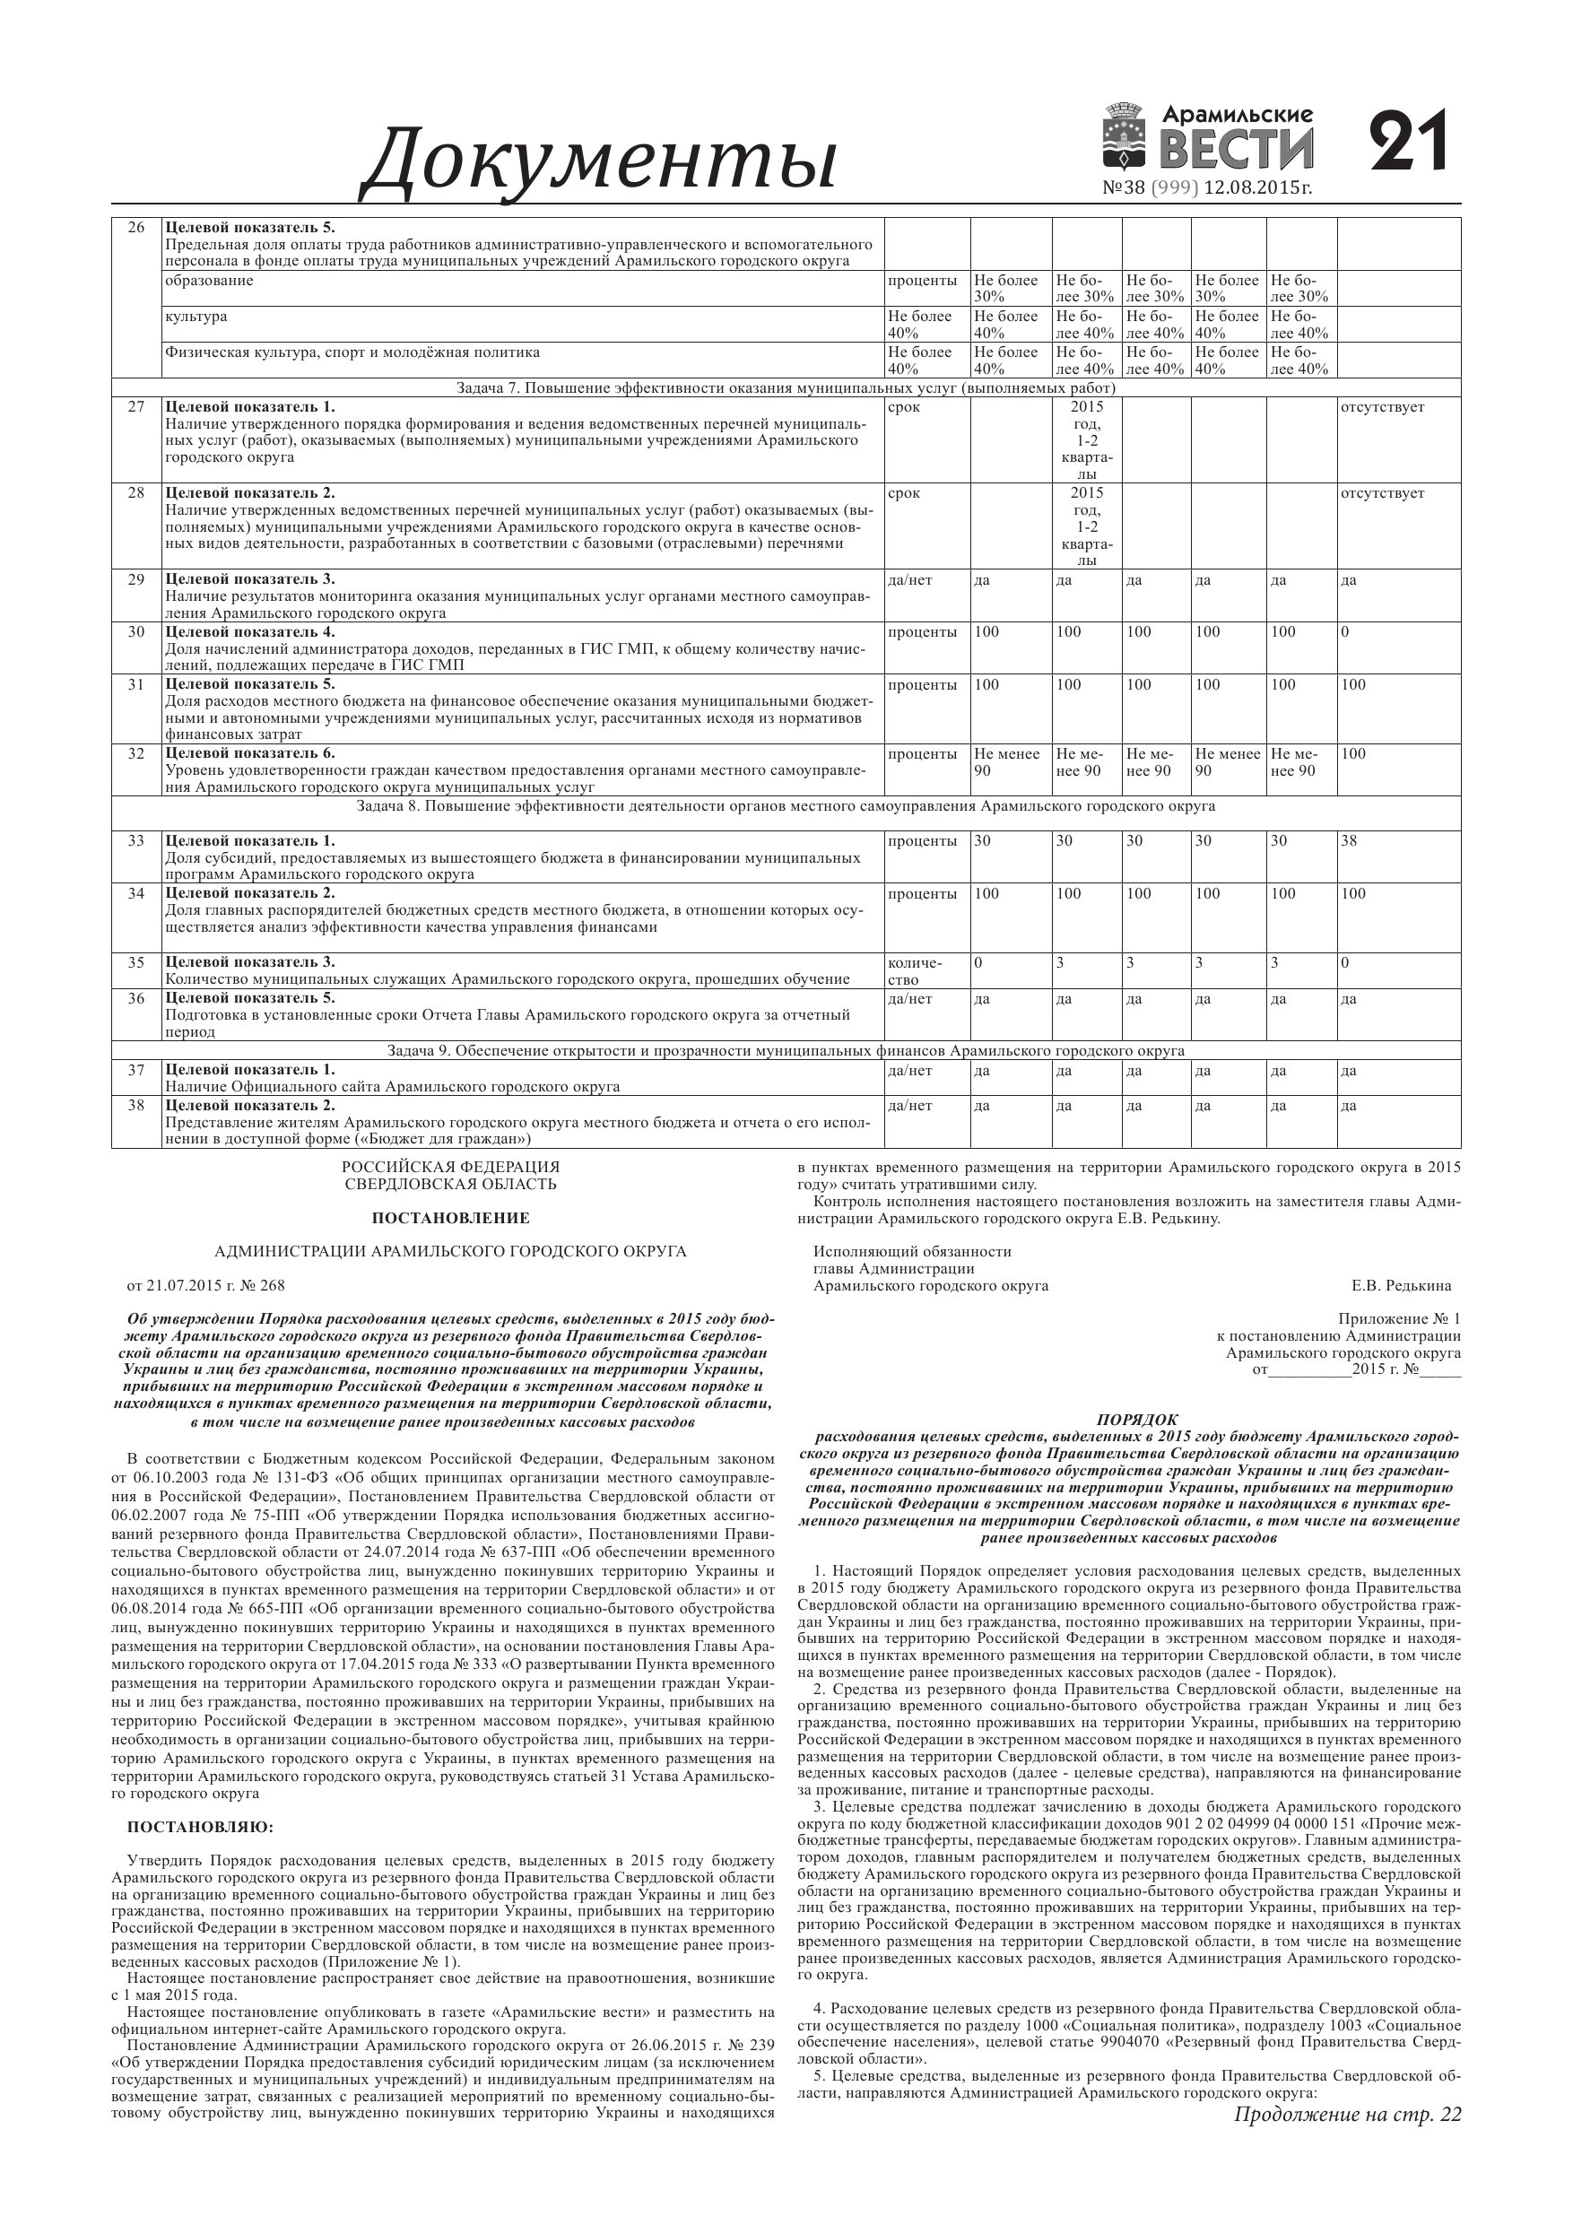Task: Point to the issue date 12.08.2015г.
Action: [x=1258, y=188]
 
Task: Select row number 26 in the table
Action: [x=136, y=228]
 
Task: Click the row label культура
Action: [x=196, y=317]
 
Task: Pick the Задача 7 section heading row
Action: [x=785, y=388]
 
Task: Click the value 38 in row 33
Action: [x=1349, y=841]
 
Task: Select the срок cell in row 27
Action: [x=903, y=407]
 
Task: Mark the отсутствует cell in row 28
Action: [x=1382, y=493]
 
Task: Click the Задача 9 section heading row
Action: [x=785, y=1050]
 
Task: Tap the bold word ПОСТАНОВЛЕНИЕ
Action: [x=451, y=1218]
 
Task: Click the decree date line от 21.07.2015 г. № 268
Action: [x=206, y=1286]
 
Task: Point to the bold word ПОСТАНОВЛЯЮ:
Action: [x=201, y=1828]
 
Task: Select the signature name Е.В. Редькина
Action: [x=1402, y=1286]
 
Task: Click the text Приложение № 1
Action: [x=1398, y=1319]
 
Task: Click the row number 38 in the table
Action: [x=136, y=1105]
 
